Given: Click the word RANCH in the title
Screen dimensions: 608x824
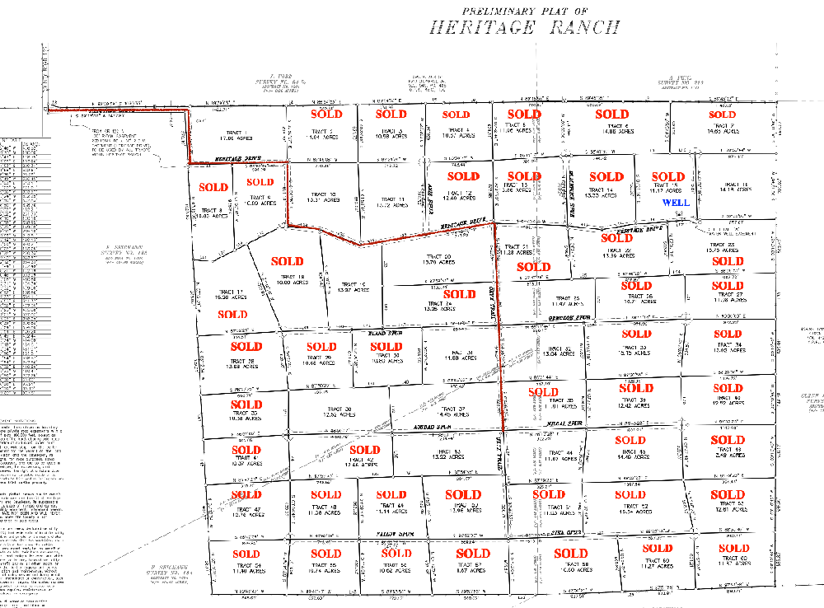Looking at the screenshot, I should point(586,27).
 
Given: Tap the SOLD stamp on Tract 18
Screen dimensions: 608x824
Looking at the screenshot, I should point(287,262).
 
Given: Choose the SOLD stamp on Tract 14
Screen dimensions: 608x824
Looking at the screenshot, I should point(606,176).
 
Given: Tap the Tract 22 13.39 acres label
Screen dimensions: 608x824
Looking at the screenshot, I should point(616,254).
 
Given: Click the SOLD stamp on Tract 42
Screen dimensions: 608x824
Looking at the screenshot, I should point(365,450).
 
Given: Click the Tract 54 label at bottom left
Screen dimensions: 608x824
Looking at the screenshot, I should point(246,568).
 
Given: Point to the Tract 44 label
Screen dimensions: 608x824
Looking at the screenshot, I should point(559,456).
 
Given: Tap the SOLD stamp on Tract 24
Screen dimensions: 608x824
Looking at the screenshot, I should point(459,294).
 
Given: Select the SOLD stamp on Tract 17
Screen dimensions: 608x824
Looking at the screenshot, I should point(233,314).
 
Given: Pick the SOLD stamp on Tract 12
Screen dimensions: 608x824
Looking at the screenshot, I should point(463,176).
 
